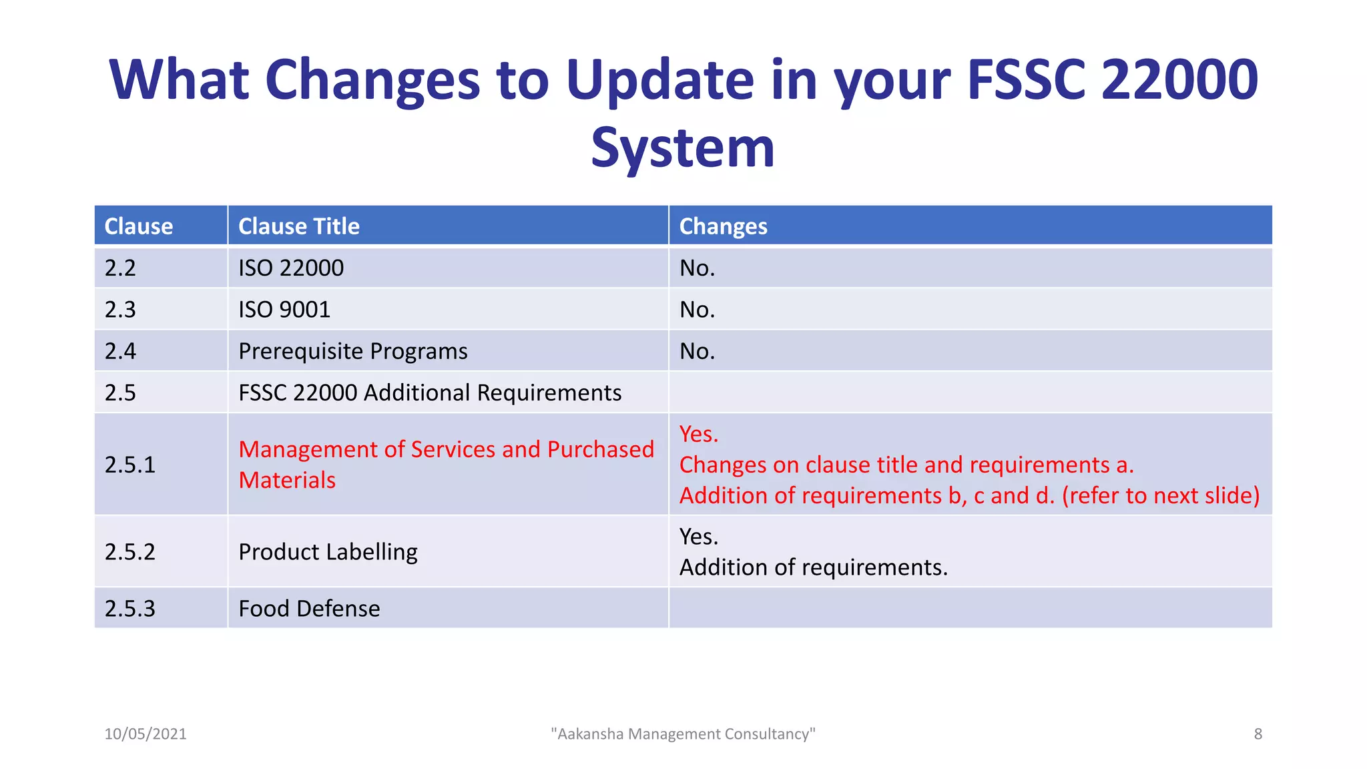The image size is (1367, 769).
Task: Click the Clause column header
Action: pos(139,226)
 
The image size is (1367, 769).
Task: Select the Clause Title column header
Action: pos(298,226)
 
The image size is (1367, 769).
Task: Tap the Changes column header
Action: pos(723,226)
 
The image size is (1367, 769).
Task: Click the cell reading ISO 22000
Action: pos(291,268)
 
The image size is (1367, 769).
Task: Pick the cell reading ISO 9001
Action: pos(284,310)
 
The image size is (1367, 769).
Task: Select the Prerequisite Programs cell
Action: pos(352,351)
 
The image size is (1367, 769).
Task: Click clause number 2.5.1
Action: pos(130,465)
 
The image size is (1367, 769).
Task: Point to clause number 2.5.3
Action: pos(130,609)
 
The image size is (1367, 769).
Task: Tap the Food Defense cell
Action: pos(309,609)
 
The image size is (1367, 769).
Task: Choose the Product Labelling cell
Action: pos(328,552)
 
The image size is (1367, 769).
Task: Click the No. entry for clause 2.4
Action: pos(697,351)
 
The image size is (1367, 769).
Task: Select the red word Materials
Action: pos(287,481)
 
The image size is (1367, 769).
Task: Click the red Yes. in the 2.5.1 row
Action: pos(698,435)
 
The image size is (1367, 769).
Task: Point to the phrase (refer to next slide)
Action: pos(1160,496)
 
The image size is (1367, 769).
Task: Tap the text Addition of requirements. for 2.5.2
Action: pos(813,567)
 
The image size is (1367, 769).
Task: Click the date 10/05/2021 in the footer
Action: pos(146,734)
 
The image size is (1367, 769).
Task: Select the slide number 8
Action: pos(1258,734)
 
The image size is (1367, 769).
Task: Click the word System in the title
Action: pos(682,148)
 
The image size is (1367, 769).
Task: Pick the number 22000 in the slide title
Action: pos(1179,80)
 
